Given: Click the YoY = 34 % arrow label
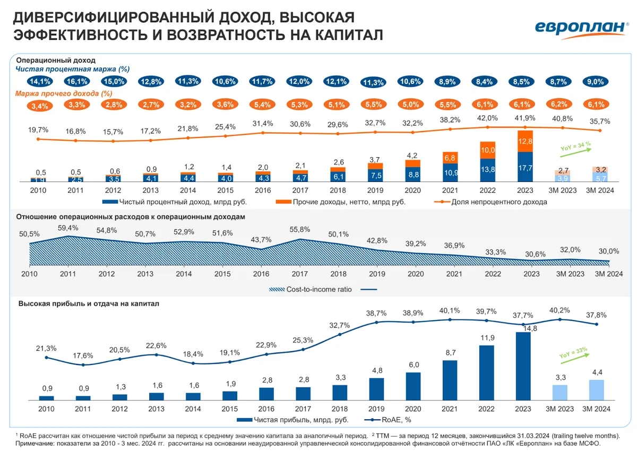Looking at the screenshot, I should [575, 147].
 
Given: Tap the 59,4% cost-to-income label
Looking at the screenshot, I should [68, 228].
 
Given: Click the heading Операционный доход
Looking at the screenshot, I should [56, 60].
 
